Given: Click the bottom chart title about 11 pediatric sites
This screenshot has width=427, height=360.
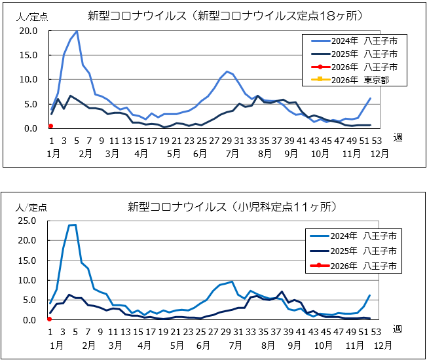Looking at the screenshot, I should pos(232,207).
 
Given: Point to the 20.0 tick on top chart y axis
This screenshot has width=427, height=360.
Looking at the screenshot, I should pos(29,31).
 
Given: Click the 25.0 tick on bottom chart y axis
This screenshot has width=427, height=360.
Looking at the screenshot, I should pos(29,221).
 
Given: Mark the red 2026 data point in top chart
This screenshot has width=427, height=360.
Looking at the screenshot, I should pos(51,126).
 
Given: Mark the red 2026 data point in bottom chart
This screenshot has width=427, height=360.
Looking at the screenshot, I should pos(50,319).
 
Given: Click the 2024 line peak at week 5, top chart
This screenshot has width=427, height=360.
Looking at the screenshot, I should pos(77,31).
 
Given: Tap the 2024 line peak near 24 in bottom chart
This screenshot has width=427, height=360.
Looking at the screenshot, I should pos(74,225).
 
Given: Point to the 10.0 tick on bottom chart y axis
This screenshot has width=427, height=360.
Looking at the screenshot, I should pos(29,280).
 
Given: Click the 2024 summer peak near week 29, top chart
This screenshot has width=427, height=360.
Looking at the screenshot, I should pos(227,71).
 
